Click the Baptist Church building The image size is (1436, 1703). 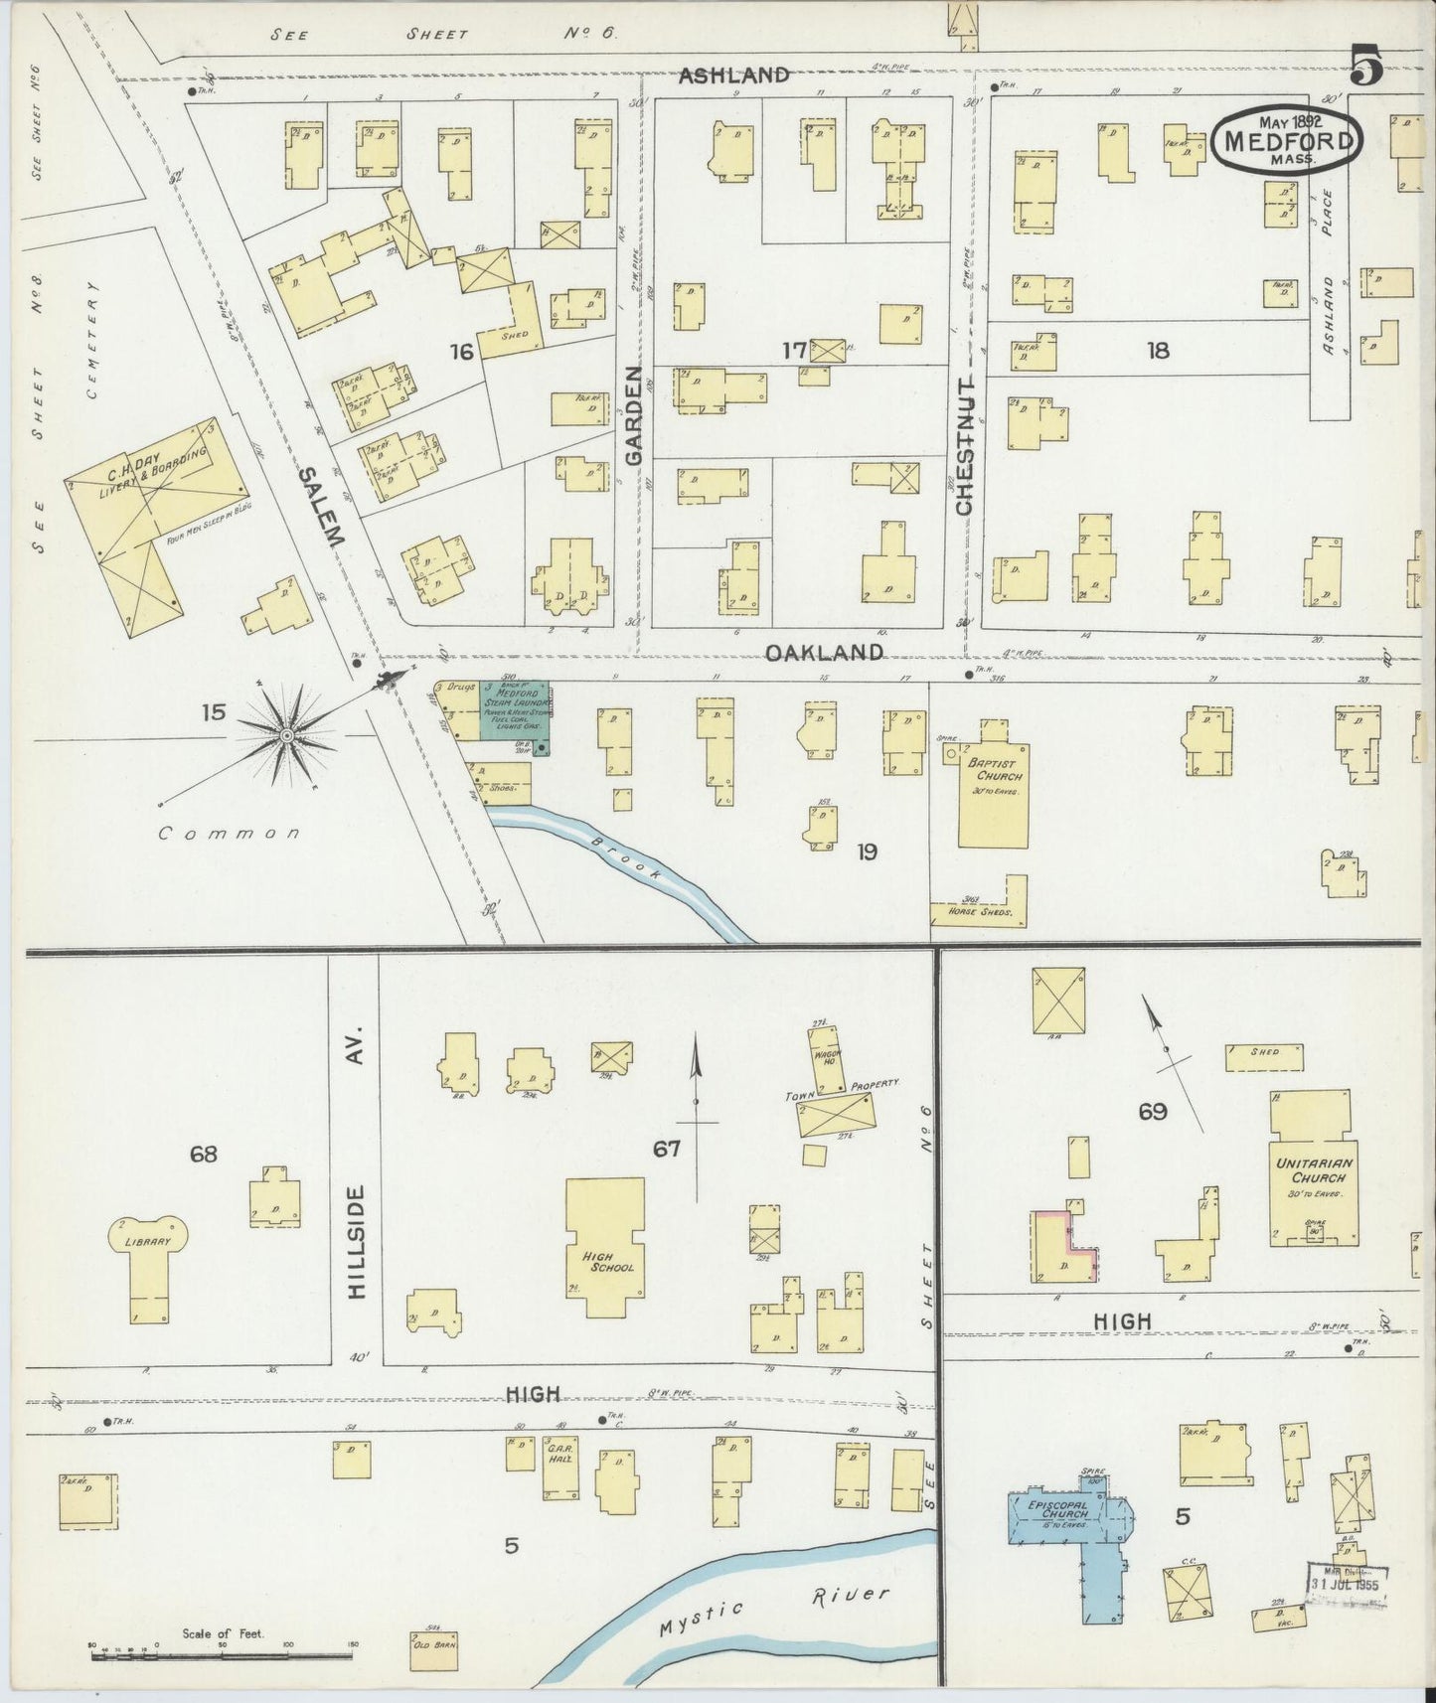click(x=994, y=795)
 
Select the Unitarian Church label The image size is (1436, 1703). click(x=1312, y=1169)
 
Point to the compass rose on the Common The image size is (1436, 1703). click(x=287, y=734)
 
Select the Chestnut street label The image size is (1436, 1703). click(x=965, y=445)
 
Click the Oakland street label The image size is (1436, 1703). click(x=824, y=653)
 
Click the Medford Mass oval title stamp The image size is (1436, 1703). click(x=1287, y=141)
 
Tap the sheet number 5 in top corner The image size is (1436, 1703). click(x=1366, y=70)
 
